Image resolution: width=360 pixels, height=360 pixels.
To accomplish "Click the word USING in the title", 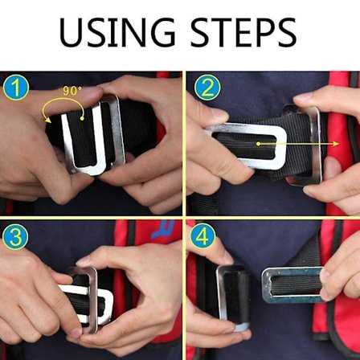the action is pos(117,33).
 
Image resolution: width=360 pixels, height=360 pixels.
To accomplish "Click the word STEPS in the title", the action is pos(243,33).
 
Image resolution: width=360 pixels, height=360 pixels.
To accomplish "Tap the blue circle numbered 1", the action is pos(16,88).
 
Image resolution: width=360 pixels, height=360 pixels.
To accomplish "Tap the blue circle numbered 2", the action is pos(207,88).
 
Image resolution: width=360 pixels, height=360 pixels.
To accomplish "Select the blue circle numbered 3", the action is pos(15,236).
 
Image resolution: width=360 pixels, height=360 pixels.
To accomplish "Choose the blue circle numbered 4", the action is pos(202,235).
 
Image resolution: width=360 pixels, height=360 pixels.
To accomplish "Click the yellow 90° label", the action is pos(72,91).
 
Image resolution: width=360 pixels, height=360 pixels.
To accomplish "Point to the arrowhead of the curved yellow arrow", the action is pos(48,120).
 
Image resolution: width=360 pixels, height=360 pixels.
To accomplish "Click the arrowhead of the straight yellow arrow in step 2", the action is pos(336,144).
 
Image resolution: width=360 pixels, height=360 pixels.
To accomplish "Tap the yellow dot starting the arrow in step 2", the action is pos(258,144).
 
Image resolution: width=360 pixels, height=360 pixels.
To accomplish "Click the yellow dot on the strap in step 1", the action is pos(82,118).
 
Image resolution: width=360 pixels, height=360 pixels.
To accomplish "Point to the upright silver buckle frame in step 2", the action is pos(316,145).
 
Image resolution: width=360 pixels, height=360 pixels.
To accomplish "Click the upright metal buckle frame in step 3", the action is pos(93,297).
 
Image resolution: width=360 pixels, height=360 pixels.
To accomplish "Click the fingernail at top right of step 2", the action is pos(302,96).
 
